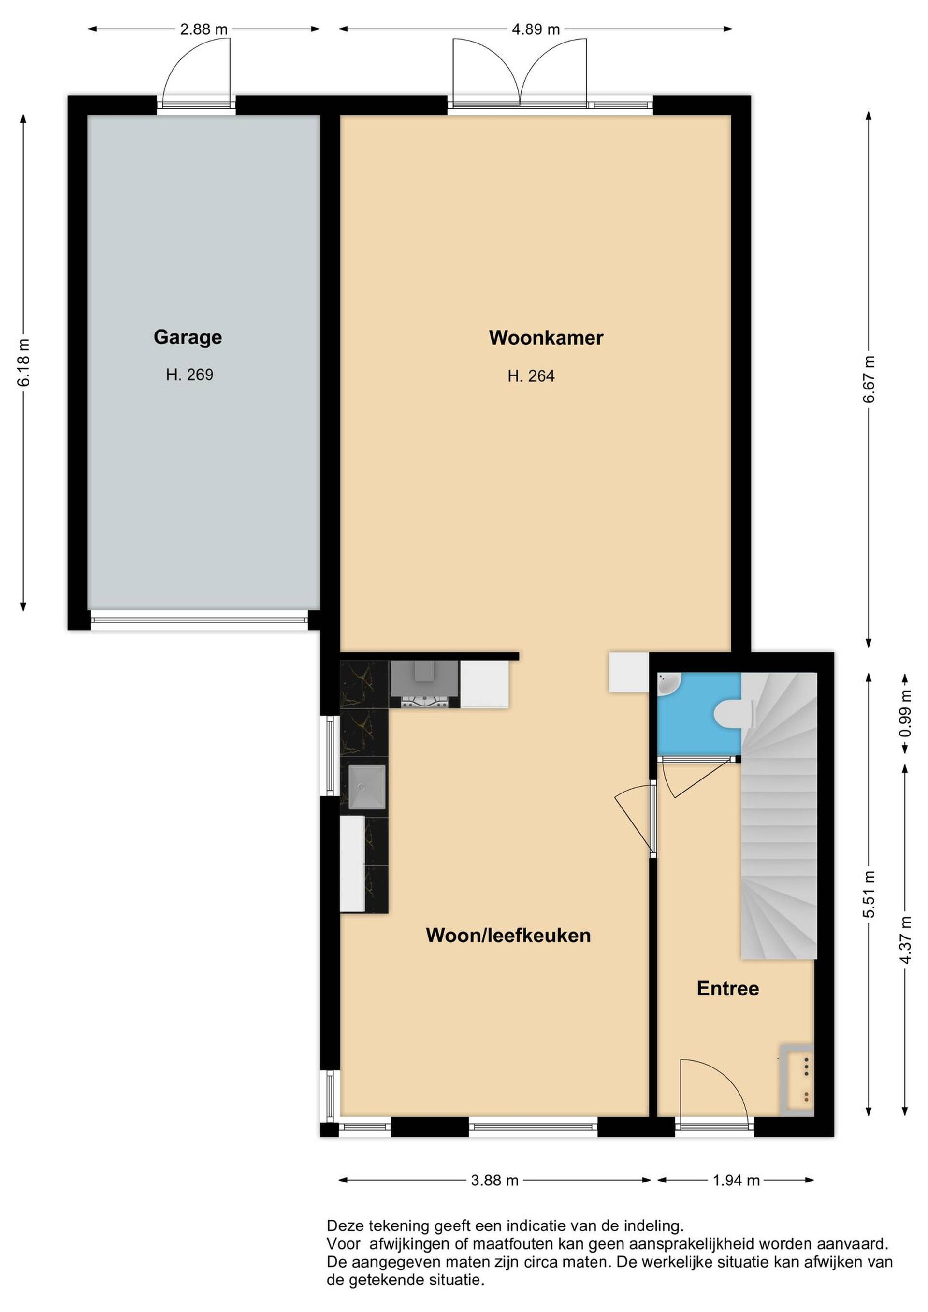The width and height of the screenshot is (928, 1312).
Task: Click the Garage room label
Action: [188, 337]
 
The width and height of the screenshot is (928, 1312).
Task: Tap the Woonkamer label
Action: [546, 338]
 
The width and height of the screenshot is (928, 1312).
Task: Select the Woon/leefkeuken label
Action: [508, 936]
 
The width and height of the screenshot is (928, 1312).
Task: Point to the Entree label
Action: [727, 989]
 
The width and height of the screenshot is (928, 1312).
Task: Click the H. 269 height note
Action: [189, 375]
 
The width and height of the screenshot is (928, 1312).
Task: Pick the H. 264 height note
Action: [531, 376]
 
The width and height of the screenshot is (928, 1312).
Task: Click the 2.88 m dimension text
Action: [203, 29]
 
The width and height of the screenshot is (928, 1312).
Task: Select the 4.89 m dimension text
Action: [536, 29]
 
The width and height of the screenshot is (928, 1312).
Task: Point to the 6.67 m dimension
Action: [869, 379]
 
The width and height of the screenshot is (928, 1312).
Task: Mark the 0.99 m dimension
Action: [905, 714]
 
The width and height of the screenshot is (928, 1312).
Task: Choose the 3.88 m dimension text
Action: [495, 1180]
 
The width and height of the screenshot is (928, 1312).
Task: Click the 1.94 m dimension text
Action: [736, 1180]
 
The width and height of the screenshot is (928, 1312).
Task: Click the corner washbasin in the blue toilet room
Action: [667, 683]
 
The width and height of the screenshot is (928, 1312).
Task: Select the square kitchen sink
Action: [367, 787]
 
